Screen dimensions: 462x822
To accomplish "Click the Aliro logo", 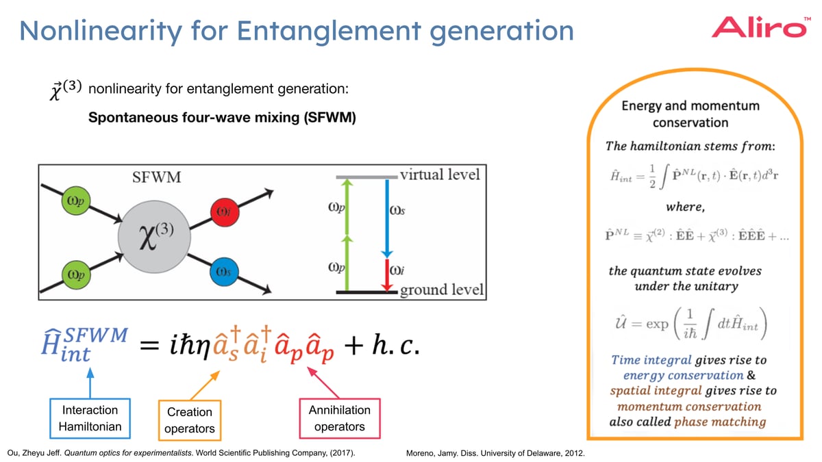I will click(758, 27).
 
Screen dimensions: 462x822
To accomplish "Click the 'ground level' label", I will click(441, 290).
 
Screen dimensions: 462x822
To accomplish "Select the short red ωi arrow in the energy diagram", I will click(387, 274).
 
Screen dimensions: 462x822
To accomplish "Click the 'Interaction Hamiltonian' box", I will click(90, 418).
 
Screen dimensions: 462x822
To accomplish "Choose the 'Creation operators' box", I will click(190, 420).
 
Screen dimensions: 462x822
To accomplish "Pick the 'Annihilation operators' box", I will click(339, 418).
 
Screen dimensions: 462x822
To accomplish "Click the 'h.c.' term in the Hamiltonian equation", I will click(390, 347).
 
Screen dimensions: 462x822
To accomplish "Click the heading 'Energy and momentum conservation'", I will click(690, 114).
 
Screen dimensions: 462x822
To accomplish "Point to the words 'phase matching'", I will click(719, 421).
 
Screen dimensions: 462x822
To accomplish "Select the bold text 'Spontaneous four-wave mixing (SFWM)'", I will click(222, 118).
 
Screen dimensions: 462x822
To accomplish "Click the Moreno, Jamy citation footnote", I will click(495, 453).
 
